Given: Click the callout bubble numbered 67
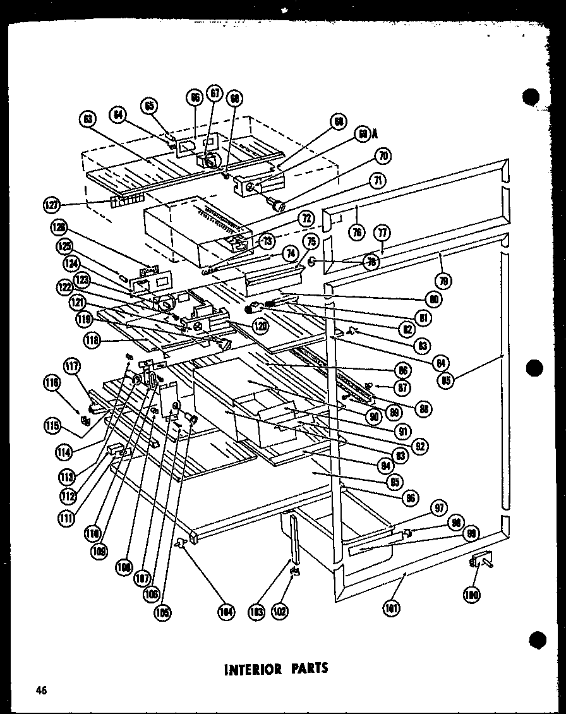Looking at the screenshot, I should [x=215, y=94].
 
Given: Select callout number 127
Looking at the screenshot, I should [x=51, y=205].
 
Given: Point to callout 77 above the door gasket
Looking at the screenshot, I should [x=381, y=231].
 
